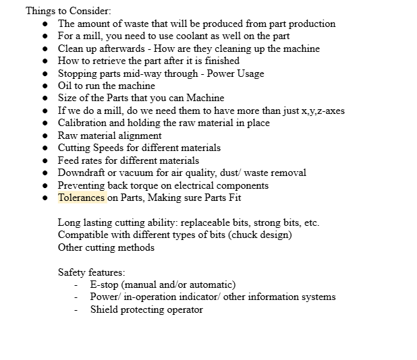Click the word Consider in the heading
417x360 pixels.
(91, 11)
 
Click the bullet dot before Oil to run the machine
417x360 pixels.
(45, 86)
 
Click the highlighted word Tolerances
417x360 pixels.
(81, 198)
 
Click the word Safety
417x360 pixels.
(72, 272)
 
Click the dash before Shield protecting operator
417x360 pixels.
(76, 310)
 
